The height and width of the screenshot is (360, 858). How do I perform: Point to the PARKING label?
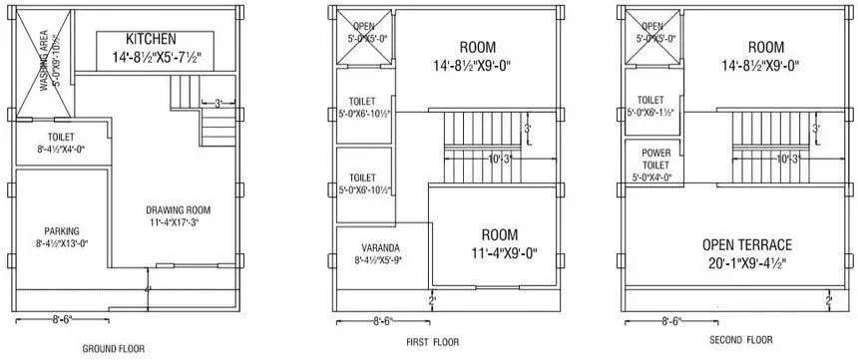(x=61, y=230)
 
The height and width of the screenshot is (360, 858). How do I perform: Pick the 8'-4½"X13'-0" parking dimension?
(x=61, y=242)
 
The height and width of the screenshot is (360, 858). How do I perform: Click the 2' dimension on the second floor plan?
(x=828, y=299)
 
